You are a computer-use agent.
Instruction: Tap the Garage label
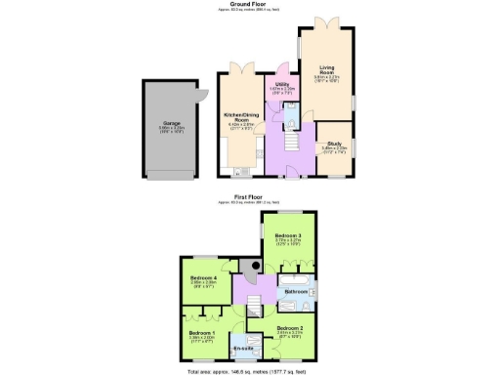(x=172, y=124)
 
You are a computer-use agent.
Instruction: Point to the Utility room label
(x=281, y=85)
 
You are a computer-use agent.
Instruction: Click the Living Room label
(x=326, y=70)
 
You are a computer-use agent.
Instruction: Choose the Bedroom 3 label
(x=287, y=236)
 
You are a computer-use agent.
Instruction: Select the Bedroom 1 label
(x=201, y=333)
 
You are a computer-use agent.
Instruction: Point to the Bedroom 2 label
(x=289, y=328)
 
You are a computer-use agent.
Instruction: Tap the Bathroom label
(x=296, y=291)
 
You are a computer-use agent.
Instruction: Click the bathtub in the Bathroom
(x=297, y=281)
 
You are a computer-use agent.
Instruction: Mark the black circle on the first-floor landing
(x=256, y=265)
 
